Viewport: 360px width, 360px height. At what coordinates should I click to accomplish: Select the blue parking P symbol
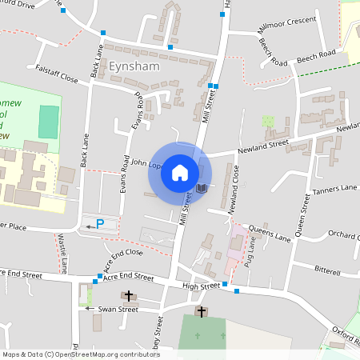(x=100, y=223)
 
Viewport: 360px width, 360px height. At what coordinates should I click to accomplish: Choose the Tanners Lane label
(x=335, y=190)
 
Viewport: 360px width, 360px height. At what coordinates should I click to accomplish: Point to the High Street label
(x=200, y=286)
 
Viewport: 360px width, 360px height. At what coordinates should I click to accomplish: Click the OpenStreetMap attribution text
(x=70, y=354)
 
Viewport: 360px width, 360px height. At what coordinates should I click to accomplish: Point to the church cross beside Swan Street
(x=128, y=296)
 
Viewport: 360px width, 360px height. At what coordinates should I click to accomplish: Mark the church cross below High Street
(x=201, y=311)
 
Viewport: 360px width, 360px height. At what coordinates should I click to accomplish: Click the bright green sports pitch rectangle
(x=49, y=120)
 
